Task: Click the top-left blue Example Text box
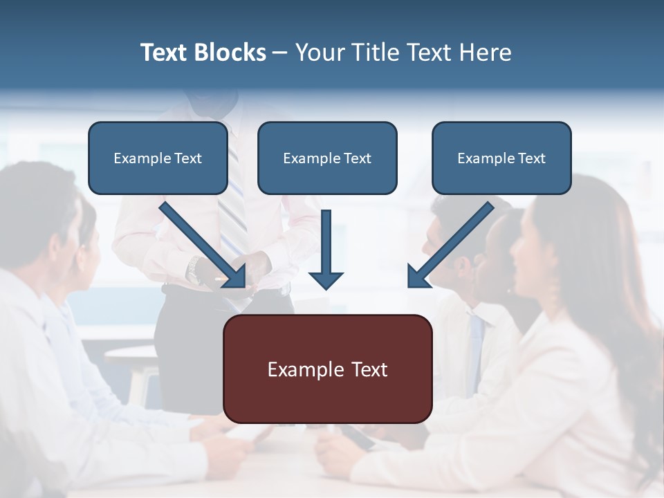[158, 158]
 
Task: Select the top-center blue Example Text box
[327, 158]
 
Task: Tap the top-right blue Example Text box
[501, 158]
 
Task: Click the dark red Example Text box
[327, 369]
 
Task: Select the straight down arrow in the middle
[326, 249]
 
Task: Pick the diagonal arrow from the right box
[450, 245]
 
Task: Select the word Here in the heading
[488, 53]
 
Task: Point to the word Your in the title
[319, 53]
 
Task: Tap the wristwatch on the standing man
[195, 270]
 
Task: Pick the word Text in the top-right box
[531, 158]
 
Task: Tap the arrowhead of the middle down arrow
[326, 279]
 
